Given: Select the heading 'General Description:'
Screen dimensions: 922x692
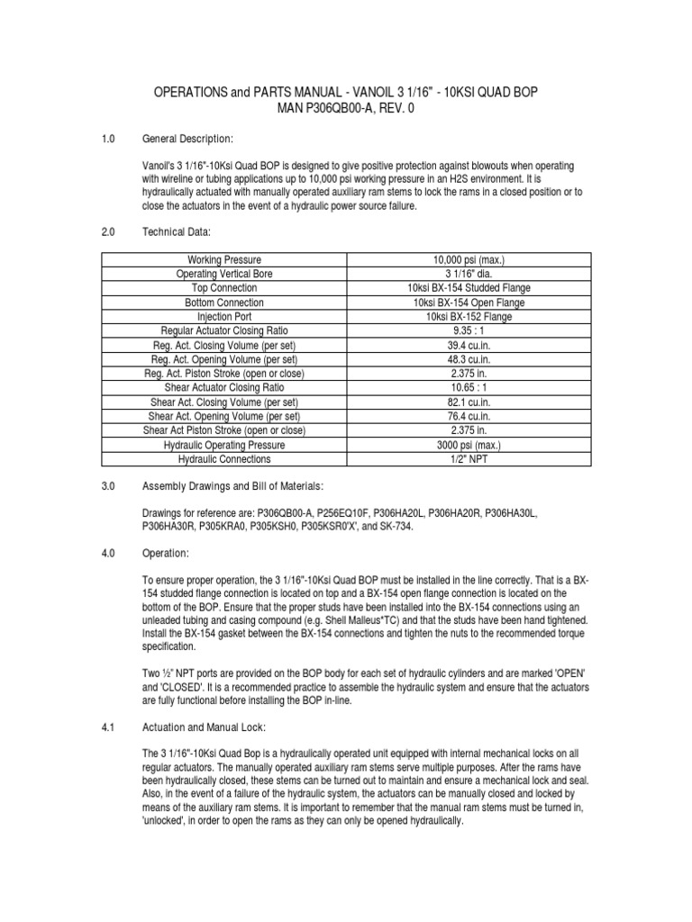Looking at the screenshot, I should pos(187,139).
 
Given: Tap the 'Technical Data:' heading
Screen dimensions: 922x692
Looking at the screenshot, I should pos(177,232).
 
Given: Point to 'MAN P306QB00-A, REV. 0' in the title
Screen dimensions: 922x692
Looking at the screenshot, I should pos(346,109).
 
